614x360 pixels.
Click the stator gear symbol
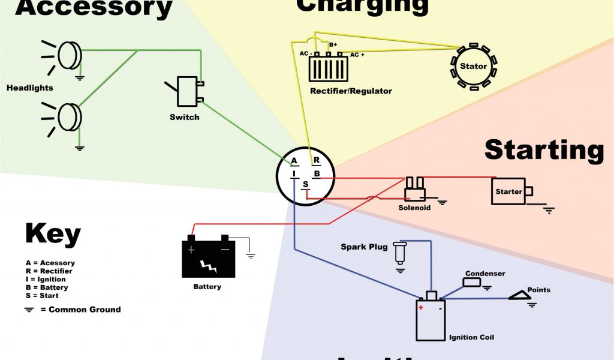click(x=474, y=66)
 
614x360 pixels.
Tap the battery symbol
click(x=208, y=259)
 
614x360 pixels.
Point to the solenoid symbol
click(x=414, y=190)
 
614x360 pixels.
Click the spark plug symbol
click(x=400, y=253)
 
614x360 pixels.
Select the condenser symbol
click(x=472, y=282)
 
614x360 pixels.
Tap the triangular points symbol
click(x=519, y=295)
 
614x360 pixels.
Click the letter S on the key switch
click(x=305, y=184)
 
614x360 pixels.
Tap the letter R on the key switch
click(x=316, y=161)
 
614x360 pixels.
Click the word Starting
click(x=544, y=149)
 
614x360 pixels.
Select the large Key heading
click(x=53, y=233)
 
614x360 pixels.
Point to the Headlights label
click(x=30, y=88)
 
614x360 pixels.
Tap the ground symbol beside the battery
click(x=251, y=255)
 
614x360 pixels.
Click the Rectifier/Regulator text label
click(x=351, y=91)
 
